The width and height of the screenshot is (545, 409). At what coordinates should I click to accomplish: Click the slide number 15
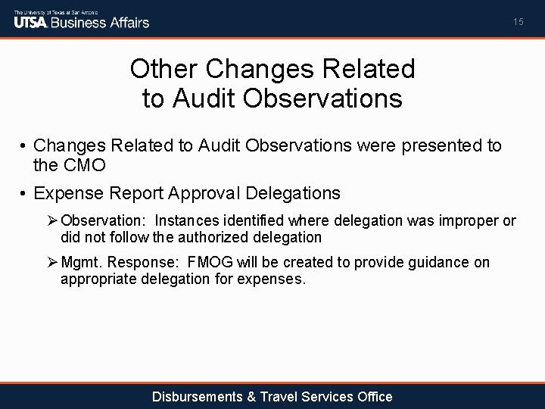point(518,22)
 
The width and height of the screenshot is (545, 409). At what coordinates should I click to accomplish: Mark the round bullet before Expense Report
point(24,193)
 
